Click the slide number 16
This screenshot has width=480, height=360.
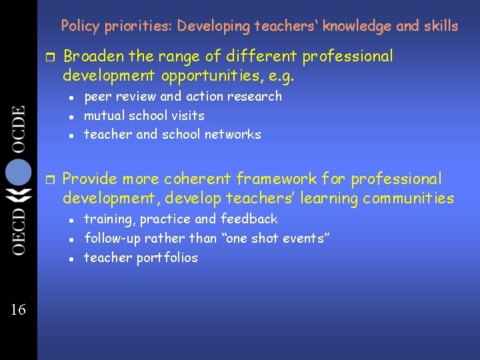pos(18,309)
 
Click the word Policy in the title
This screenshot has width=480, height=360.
pos(80,26)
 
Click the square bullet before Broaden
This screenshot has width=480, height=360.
pos(49,57)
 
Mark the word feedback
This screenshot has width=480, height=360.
pos(249,219)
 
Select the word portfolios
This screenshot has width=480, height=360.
pos(167,258)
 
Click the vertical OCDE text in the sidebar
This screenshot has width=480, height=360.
pos(18,129)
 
